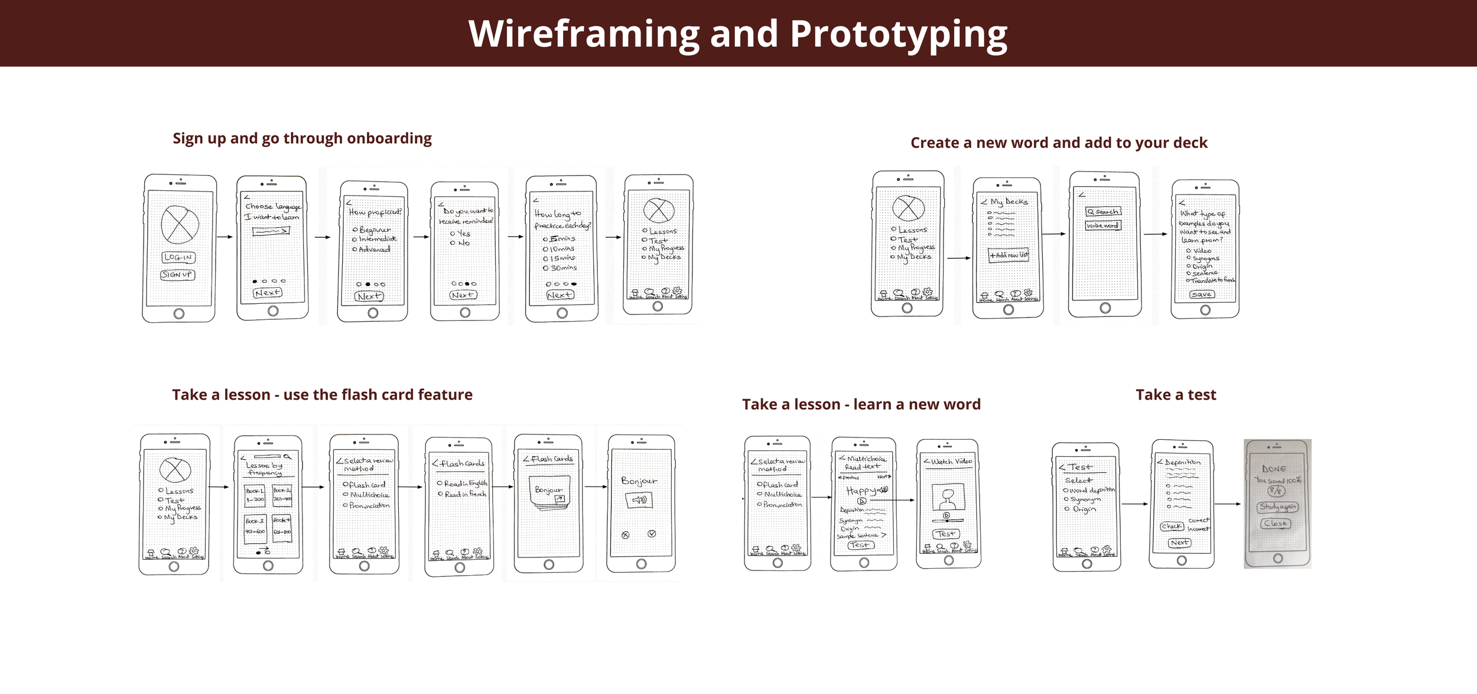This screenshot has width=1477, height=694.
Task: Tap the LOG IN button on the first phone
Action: tap(178, 257)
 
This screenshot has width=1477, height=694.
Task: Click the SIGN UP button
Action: tap(177, 275)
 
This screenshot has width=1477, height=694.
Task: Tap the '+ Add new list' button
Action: tap(1008, 255)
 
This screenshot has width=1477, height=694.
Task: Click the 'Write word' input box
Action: tap(1102, 225)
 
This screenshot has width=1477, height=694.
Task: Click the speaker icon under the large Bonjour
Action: tap(639, 500)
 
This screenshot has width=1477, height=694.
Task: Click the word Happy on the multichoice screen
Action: tap(860, 491)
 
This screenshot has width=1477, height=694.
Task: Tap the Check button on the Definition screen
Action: tap(1172, 526)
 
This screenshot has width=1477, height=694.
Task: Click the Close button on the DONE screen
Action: tap(1276, 523)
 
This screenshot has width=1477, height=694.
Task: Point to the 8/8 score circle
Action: tap(1276, 491)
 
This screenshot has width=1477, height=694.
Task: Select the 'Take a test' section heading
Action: tap(1176, 395)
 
